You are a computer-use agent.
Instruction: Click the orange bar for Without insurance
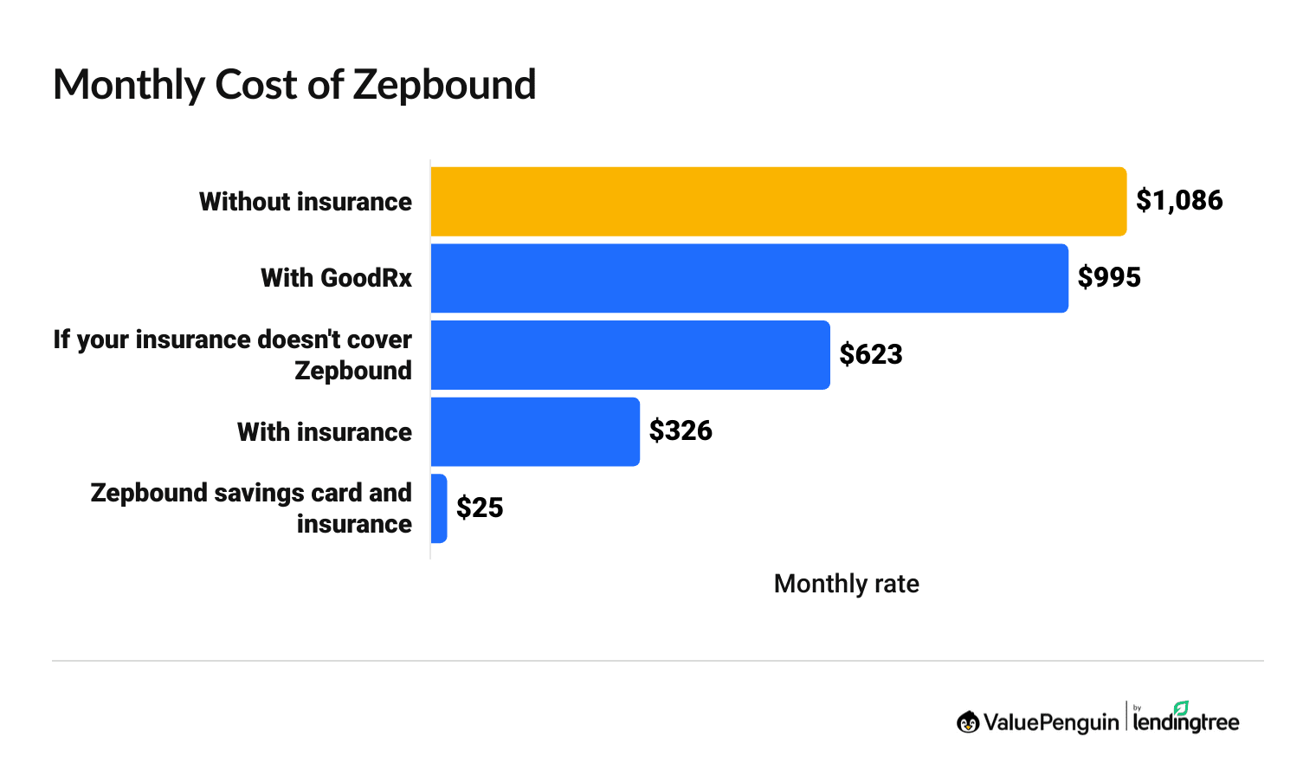(777, 201)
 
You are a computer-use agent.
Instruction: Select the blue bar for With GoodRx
(749, 278)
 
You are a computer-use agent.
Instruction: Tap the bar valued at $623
(629, 355)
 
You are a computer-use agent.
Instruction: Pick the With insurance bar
(534, 431)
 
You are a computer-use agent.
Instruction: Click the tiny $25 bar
(439, 508)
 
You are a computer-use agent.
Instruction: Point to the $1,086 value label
(1179, 201)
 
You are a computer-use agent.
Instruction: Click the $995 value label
(1109, 278)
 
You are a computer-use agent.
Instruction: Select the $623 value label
(871, 355)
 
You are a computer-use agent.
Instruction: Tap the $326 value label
(681, 431)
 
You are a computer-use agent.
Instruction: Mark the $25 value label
(480, 508)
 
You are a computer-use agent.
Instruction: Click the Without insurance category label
(306, 202)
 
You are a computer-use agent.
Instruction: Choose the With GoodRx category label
(336, 278)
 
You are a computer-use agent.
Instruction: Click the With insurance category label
(325, 432)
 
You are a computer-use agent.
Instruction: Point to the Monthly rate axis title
(846, 584)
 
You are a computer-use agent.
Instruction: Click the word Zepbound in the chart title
(444, 86)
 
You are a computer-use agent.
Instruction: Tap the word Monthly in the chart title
(128, 86)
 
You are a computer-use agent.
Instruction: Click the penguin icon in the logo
(968, 721)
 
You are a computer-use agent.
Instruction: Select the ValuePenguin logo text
(1050, 722)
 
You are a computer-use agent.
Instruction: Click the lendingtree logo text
(1185, 722)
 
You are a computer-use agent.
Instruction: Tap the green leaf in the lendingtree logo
(1181, 708)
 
